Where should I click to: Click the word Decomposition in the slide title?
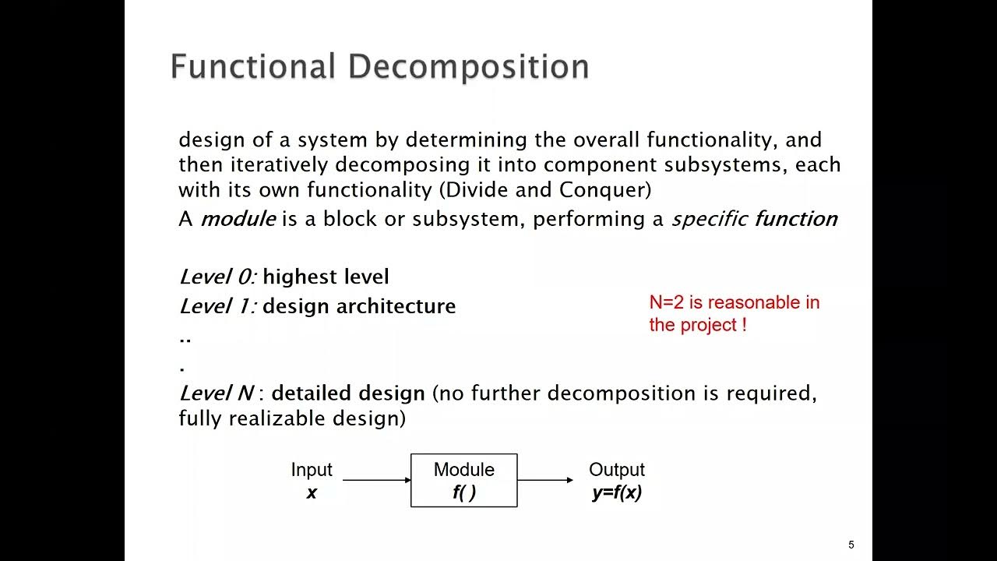[x=468, y=68]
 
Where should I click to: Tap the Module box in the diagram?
[x=463, y=480]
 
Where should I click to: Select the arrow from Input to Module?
[x=376, y=480]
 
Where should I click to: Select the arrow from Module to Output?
[x=544, y=480]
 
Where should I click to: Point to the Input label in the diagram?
[x=312, y=470]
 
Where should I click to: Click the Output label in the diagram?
[x=617, y=470]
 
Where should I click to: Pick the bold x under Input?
[x=312, y=492]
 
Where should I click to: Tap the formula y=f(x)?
[x=617, y=492]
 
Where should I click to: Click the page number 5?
[x=851, y=545]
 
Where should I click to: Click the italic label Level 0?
[x=217, y=277]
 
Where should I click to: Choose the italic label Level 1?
[x=217, y=306]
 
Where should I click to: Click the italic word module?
[x=238, y=219]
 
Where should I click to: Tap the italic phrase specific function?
[x=754, y=219]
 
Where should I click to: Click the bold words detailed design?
[x=348, y=393]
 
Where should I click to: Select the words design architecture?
[x=359, y=306]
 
